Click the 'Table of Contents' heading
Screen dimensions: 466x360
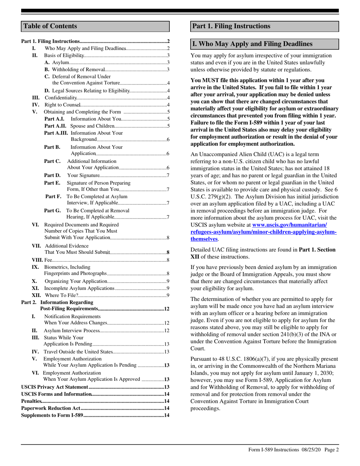[x=50, y=26]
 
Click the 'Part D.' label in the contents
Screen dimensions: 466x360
[x=52, y=175]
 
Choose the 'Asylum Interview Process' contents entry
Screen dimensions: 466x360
[x=72, y=330]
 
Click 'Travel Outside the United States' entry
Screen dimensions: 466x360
[x=79, y=352]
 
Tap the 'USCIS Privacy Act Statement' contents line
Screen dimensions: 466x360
[x=55, y=387]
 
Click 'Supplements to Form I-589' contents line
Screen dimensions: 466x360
[x=52, y=415]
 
